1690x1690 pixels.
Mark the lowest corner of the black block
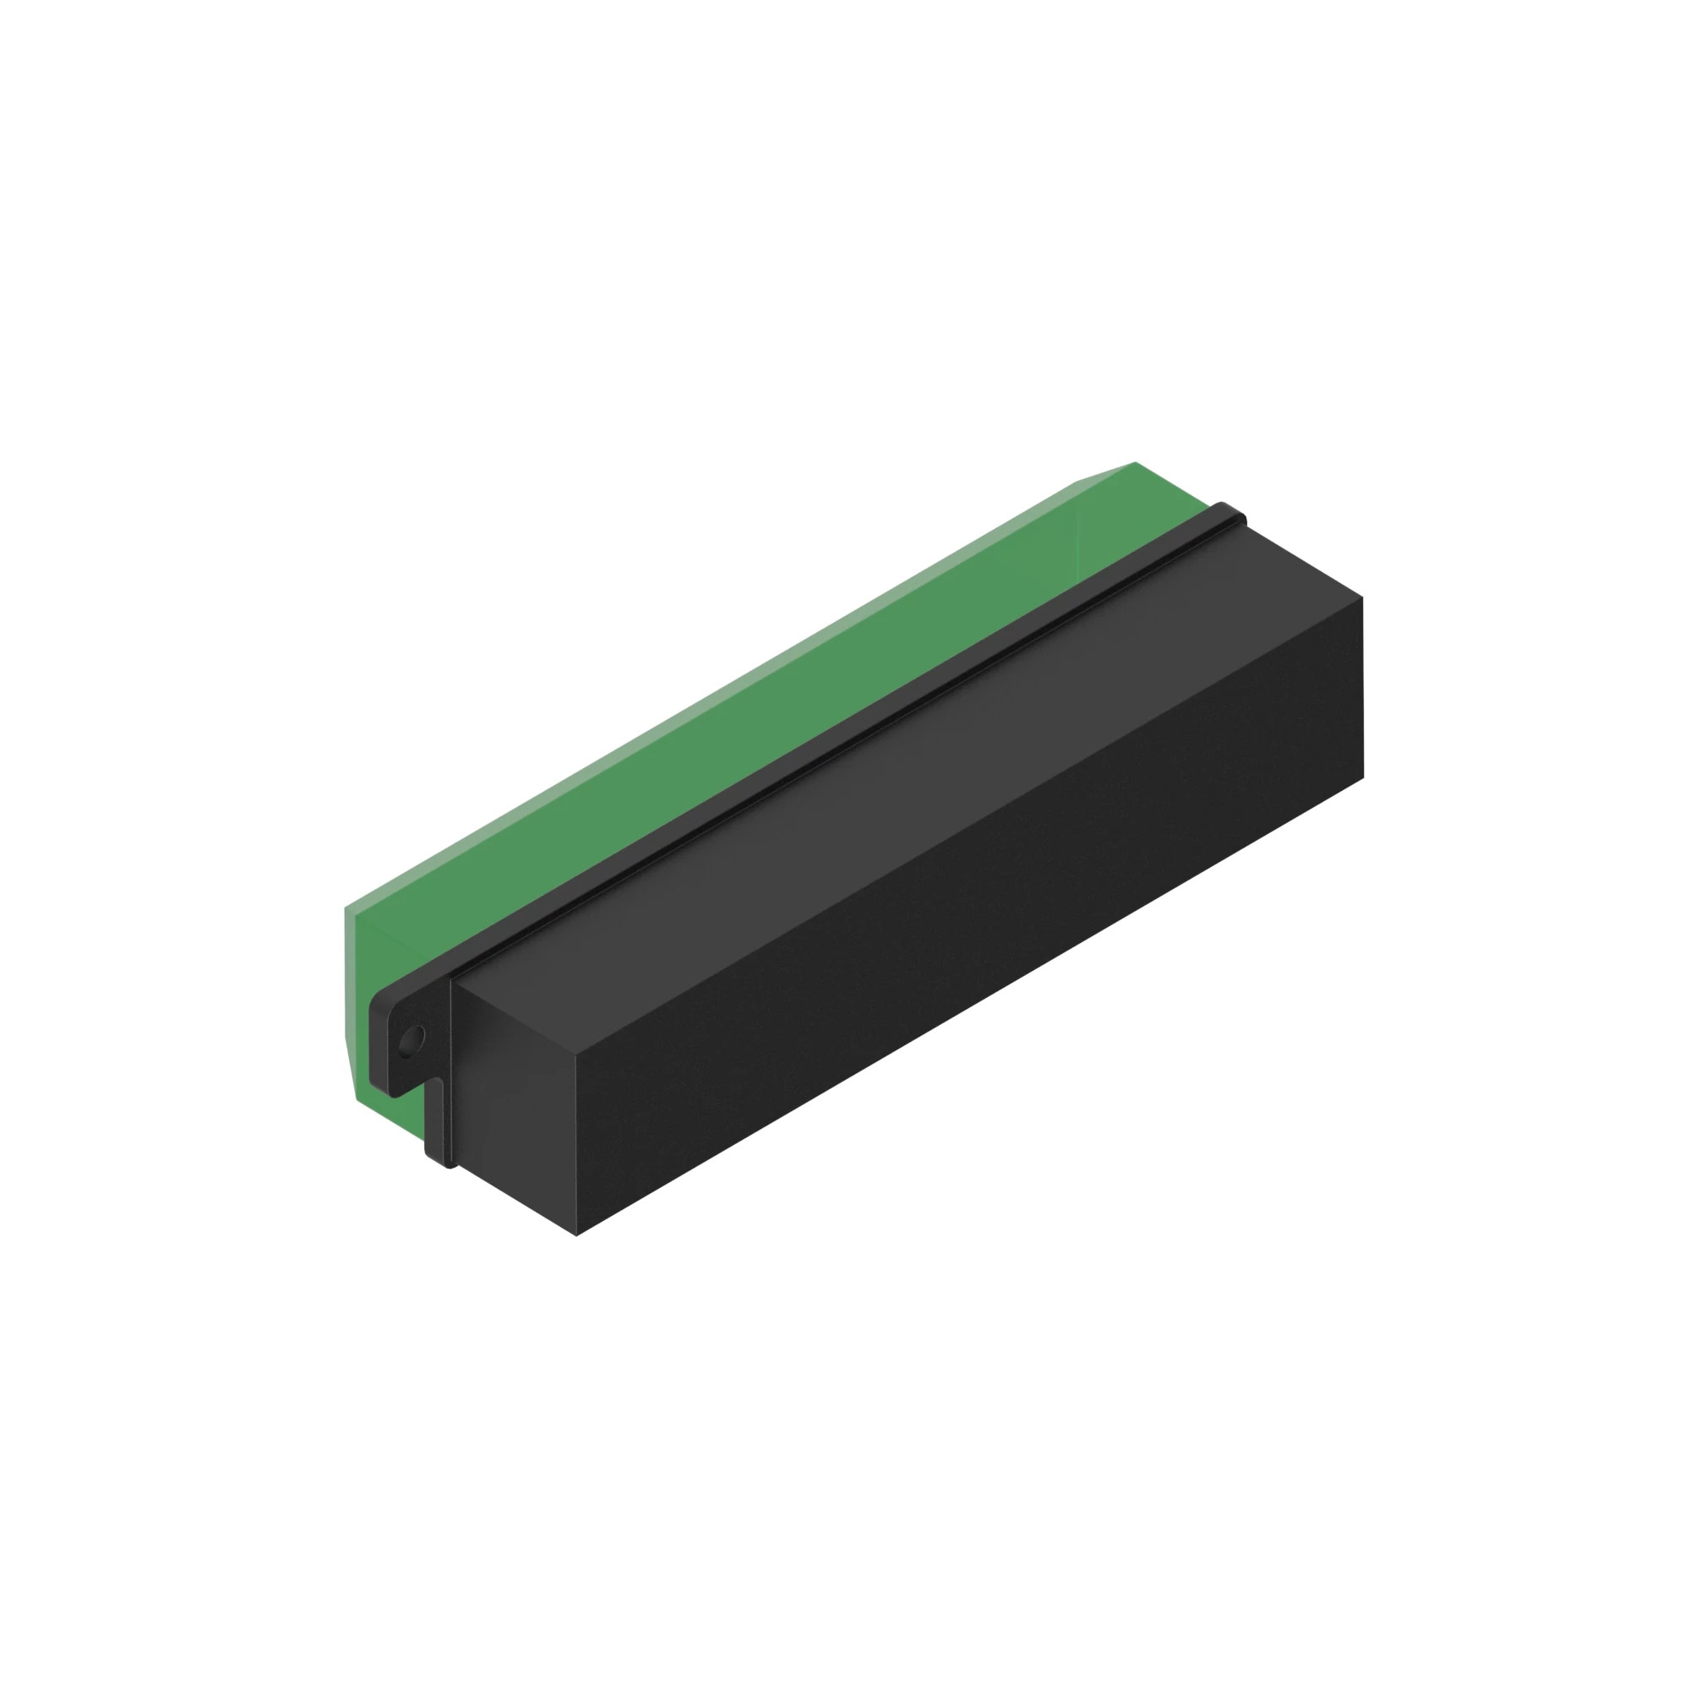(576, 1235)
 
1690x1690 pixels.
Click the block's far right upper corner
(1362, 597)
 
